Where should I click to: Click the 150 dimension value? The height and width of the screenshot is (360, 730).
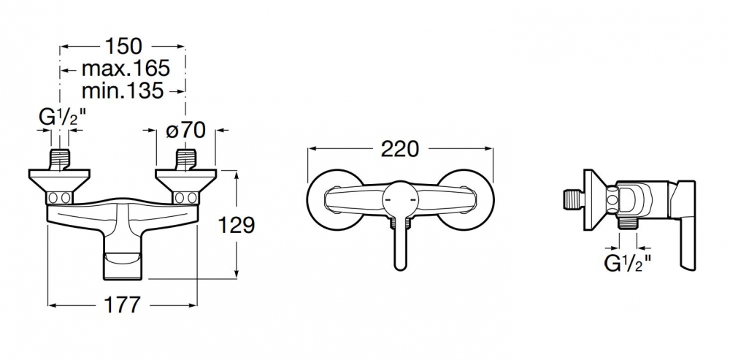[123, 46]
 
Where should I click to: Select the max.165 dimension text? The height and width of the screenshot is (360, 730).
[126, 69]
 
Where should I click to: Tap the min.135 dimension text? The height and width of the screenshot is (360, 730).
[123, 91]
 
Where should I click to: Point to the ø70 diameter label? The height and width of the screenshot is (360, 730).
[185, 131]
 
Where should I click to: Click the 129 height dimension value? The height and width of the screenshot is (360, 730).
[237, 226]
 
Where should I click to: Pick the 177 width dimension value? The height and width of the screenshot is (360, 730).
[122, 305]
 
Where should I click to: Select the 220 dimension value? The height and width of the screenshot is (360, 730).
[400, 149]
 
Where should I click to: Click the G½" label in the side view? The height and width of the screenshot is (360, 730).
[628, 264]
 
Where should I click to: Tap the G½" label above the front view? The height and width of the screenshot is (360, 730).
[62, 118]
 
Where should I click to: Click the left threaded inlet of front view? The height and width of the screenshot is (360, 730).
[59, 160]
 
